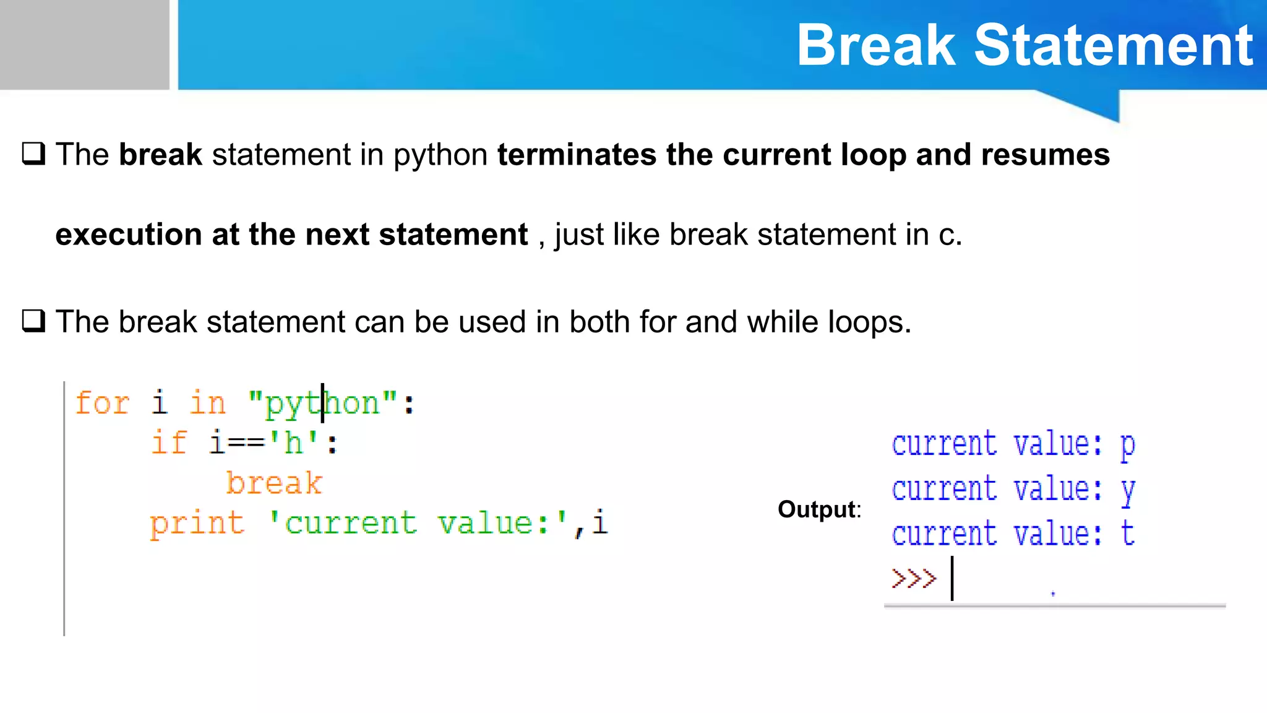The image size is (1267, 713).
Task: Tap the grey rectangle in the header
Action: click(84, 45)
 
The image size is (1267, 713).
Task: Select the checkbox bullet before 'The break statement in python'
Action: click(33, 153)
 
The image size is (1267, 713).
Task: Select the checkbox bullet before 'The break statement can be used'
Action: click(33, 321)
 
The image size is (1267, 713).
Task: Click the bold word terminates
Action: click(577, 155)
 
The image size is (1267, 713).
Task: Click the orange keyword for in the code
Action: click(102, 404)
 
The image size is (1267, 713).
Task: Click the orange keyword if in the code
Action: click(168, 443)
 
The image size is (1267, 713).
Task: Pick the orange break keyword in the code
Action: click(274, 483)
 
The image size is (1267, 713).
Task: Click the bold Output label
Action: click(817, 509)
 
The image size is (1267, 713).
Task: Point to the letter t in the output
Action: click(1127, 534)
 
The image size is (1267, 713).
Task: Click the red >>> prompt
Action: click(914, 579)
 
